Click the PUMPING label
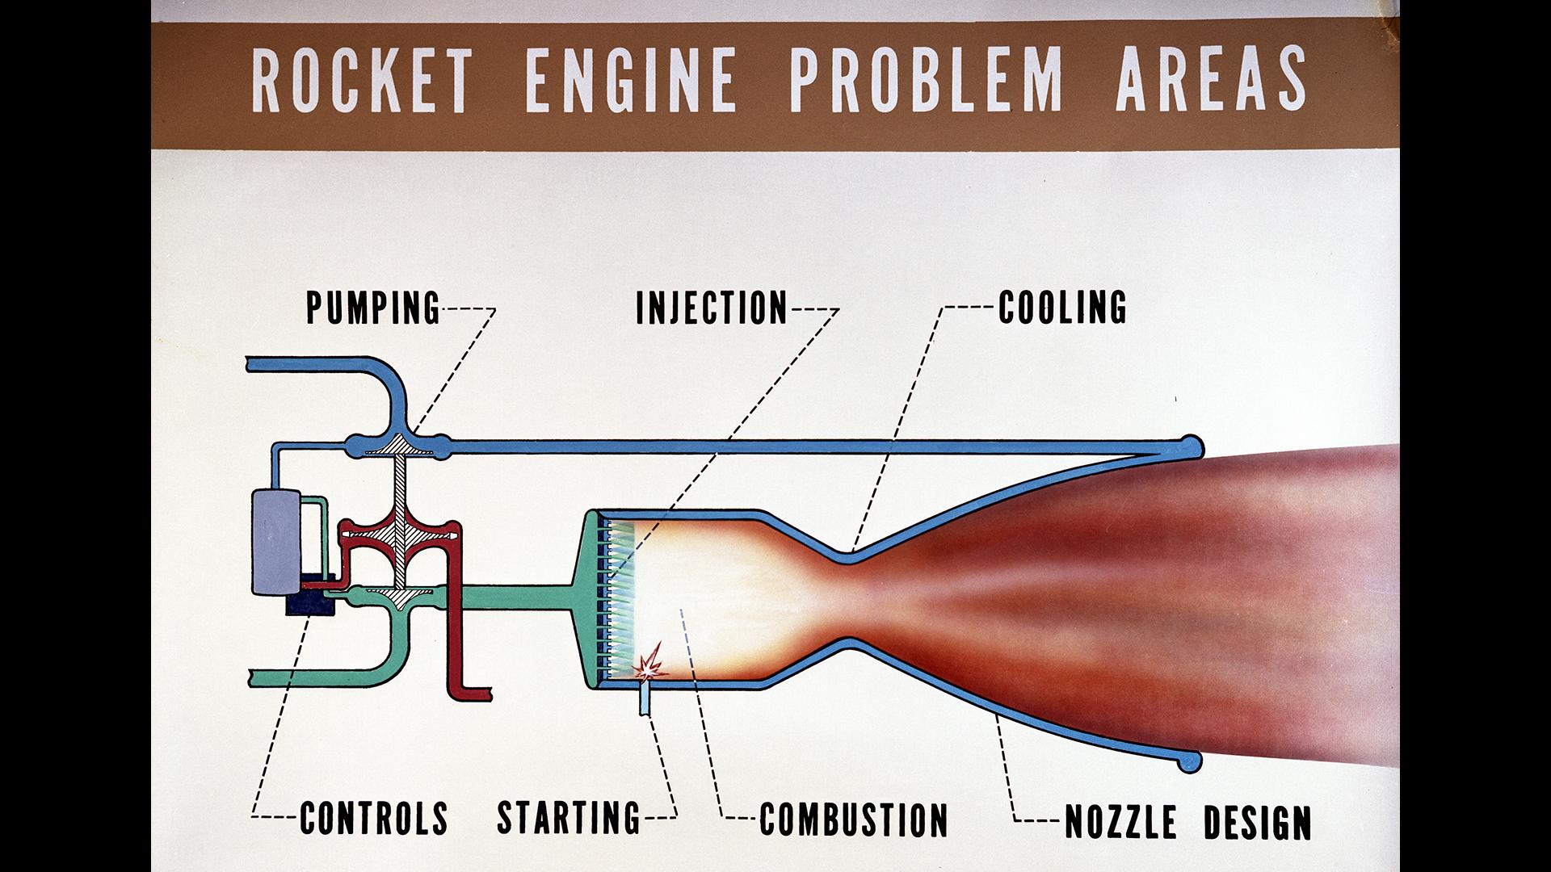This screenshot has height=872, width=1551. coord(373,308)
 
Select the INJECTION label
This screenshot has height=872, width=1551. coord(711,308)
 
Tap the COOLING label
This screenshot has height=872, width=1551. coord(1062,307)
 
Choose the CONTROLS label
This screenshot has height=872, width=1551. coord(374,817)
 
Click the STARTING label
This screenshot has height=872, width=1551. coord(568,817)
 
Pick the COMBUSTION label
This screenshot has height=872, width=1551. coord(853,819)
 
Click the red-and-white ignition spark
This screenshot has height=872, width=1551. coord(649,662)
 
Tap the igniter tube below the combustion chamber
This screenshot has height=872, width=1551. coord(644,698)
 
